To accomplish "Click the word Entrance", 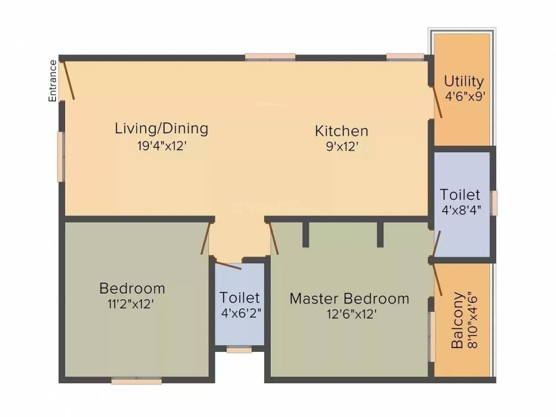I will point(53,81).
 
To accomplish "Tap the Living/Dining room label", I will point(161,129).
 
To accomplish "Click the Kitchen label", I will point(341,131).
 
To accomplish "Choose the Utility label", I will point(464,81).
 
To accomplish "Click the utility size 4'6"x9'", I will point(465,97).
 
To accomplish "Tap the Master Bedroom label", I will point(349,298).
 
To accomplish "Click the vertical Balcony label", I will point(458,320).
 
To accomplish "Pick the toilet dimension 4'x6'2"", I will point(240,314).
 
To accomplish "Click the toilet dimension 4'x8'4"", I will point(460,209).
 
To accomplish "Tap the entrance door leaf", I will point(68,80).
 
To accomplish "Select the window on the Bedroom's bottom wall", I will point(136,382).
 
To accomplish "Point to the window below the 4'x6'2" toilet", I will point(239,350).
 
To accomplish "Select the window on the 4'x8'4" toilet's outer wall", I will point(494,203).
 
